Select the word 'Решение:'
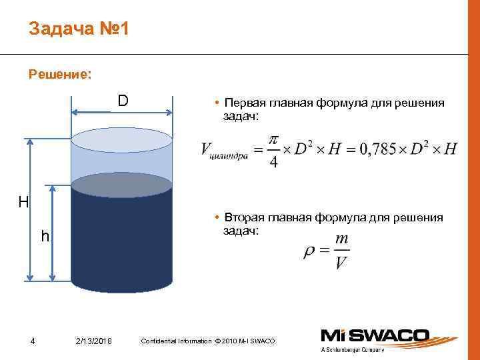tap(60, 75)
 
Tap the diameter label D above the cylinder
tap(123, 101)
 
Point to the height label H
tap(23, 201)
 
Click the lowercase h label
tap(45, 236)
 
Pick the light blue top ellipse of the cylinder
tap(121, 140)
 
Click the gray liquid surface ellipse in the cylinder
tap(121, 185)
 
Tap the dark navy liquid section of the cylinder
tap(121, 240)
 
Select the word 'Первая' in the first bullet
tap(244, 104)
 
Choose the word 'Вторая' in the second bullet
tap(244, 218)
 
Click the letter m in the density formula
tap(341, 238)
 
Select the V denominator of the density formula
tap(341, 263)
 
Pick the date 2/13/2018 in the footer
tap(94, 342)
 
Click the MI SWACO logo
tap(387, 337)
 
